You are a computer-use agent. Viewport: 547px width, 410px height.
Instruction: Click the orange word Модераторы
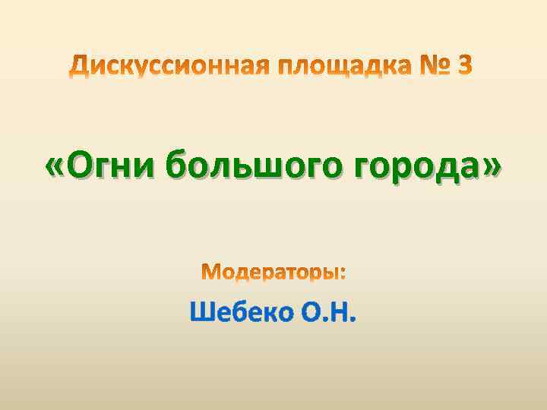click(x=270, y=272)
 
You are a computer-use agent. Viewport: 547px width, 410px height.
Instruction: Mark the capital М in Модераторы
click(x=210, y=272)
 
